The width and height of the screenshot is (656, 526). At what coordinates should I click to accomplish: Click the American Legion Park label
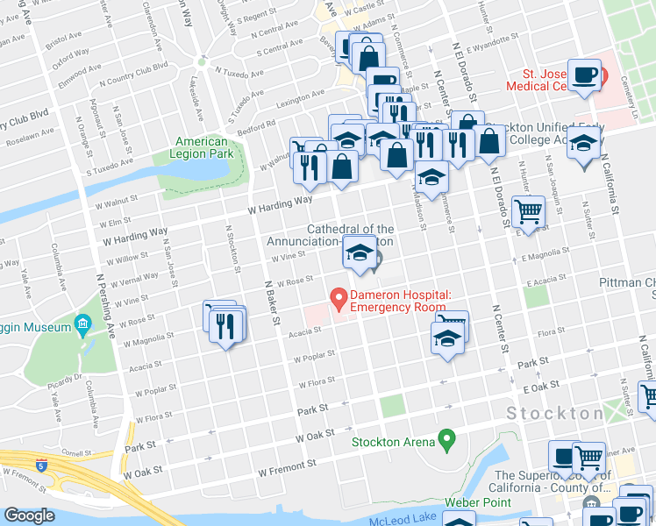pos(201,147)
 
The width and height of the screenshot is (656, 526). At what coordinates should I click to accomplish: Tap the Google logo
pos(29,515)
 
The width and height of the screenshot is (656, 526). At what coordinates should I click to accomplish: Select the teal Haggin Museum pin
pos(83,324)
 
